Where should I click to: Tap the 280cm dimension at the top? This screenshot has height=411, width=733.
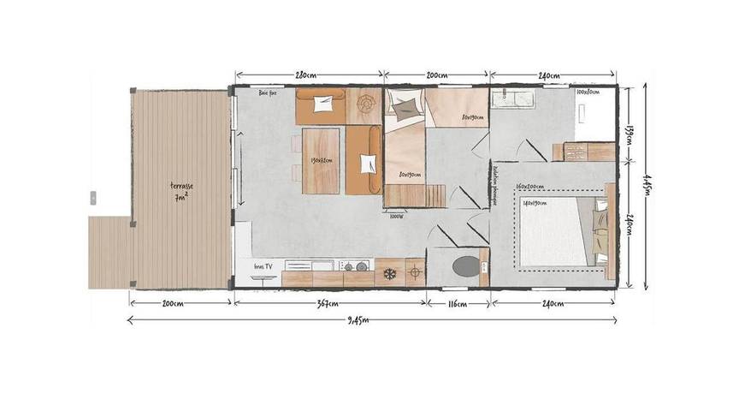point(307,76)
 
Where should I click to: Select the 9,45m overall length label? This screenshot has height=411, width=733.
point(360,321)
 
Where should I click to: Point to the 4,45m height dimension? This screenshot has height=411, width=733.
point(644,180)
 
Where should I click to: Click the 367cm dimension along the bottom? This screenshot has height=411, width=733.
point(328,304)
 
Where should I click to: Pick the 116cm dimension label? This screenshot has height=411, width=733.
point(457,304)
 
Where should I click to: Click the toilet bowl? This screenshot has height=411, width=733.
point(467,265)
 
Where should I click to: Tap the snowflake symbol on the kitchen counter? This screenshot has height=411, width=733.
point(389,273)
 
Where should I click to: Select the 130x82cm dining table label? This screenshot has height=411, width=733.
point(322,160)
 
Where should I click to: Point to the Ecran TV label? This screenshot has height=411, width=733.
point(263,267)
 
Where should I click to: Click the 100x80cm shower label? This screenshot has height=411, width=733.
point(588,92)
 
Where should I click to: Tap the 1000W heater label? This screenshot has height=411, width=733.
point(397,216)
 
